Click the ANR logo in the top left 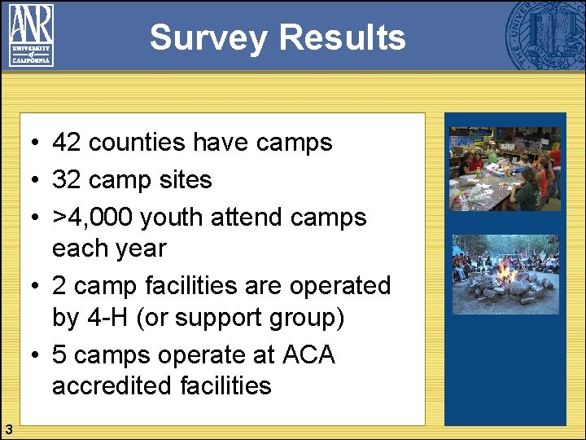(31, 34)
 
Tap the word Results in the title (341, 37)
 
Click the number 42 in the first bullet (67, 143)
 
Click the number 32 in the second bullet (67, 179)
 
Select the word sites (181, 179)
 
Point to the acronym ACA (308, 355)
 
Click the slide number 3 (7, 429)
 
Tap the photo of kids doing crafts (505, 169)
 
